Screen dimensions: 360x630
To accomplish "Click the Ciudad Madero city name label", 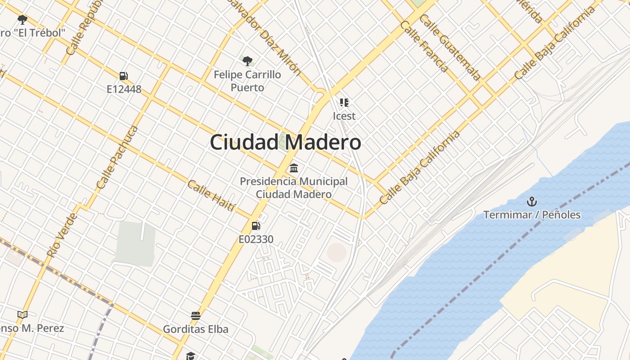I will (285, 142).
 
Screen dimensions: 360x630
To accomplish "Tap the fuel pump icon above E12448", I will (124, 76).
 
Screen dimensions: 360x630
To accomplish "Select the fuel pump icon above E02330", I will (256, 225).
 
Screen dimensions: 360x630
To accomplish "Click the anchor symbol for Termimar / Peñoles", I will (532, 201).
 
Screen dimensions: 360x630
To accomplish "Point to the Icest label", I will (344, 116).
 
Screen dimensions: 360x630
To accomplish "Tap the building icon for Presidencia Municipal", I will (294, 168).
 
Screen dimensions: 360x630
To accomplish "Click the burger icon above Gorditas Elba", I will (195, 315).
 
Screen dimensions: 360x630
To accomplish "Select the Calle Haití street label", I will (211, 195).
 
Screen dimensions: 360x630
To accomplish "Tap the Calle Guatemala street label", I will (450, 47).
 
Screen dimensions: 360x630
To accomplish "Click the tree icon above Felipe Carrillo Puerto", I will (247, 61).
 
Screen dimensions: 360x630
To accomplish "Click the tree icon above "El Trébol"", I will (22, 19).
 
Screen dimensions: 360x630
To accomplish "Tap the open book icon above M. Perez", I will (22, 315).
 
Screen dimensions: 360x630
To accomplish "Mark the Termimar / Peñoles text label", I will (532, 215).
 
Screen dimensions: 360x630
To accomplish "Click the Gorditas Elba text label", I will (195, 329).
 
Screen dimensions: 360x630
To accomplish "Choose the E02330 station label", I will (256, 239).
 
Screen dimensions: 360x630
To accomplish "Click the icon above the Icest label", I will (344, 103).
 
